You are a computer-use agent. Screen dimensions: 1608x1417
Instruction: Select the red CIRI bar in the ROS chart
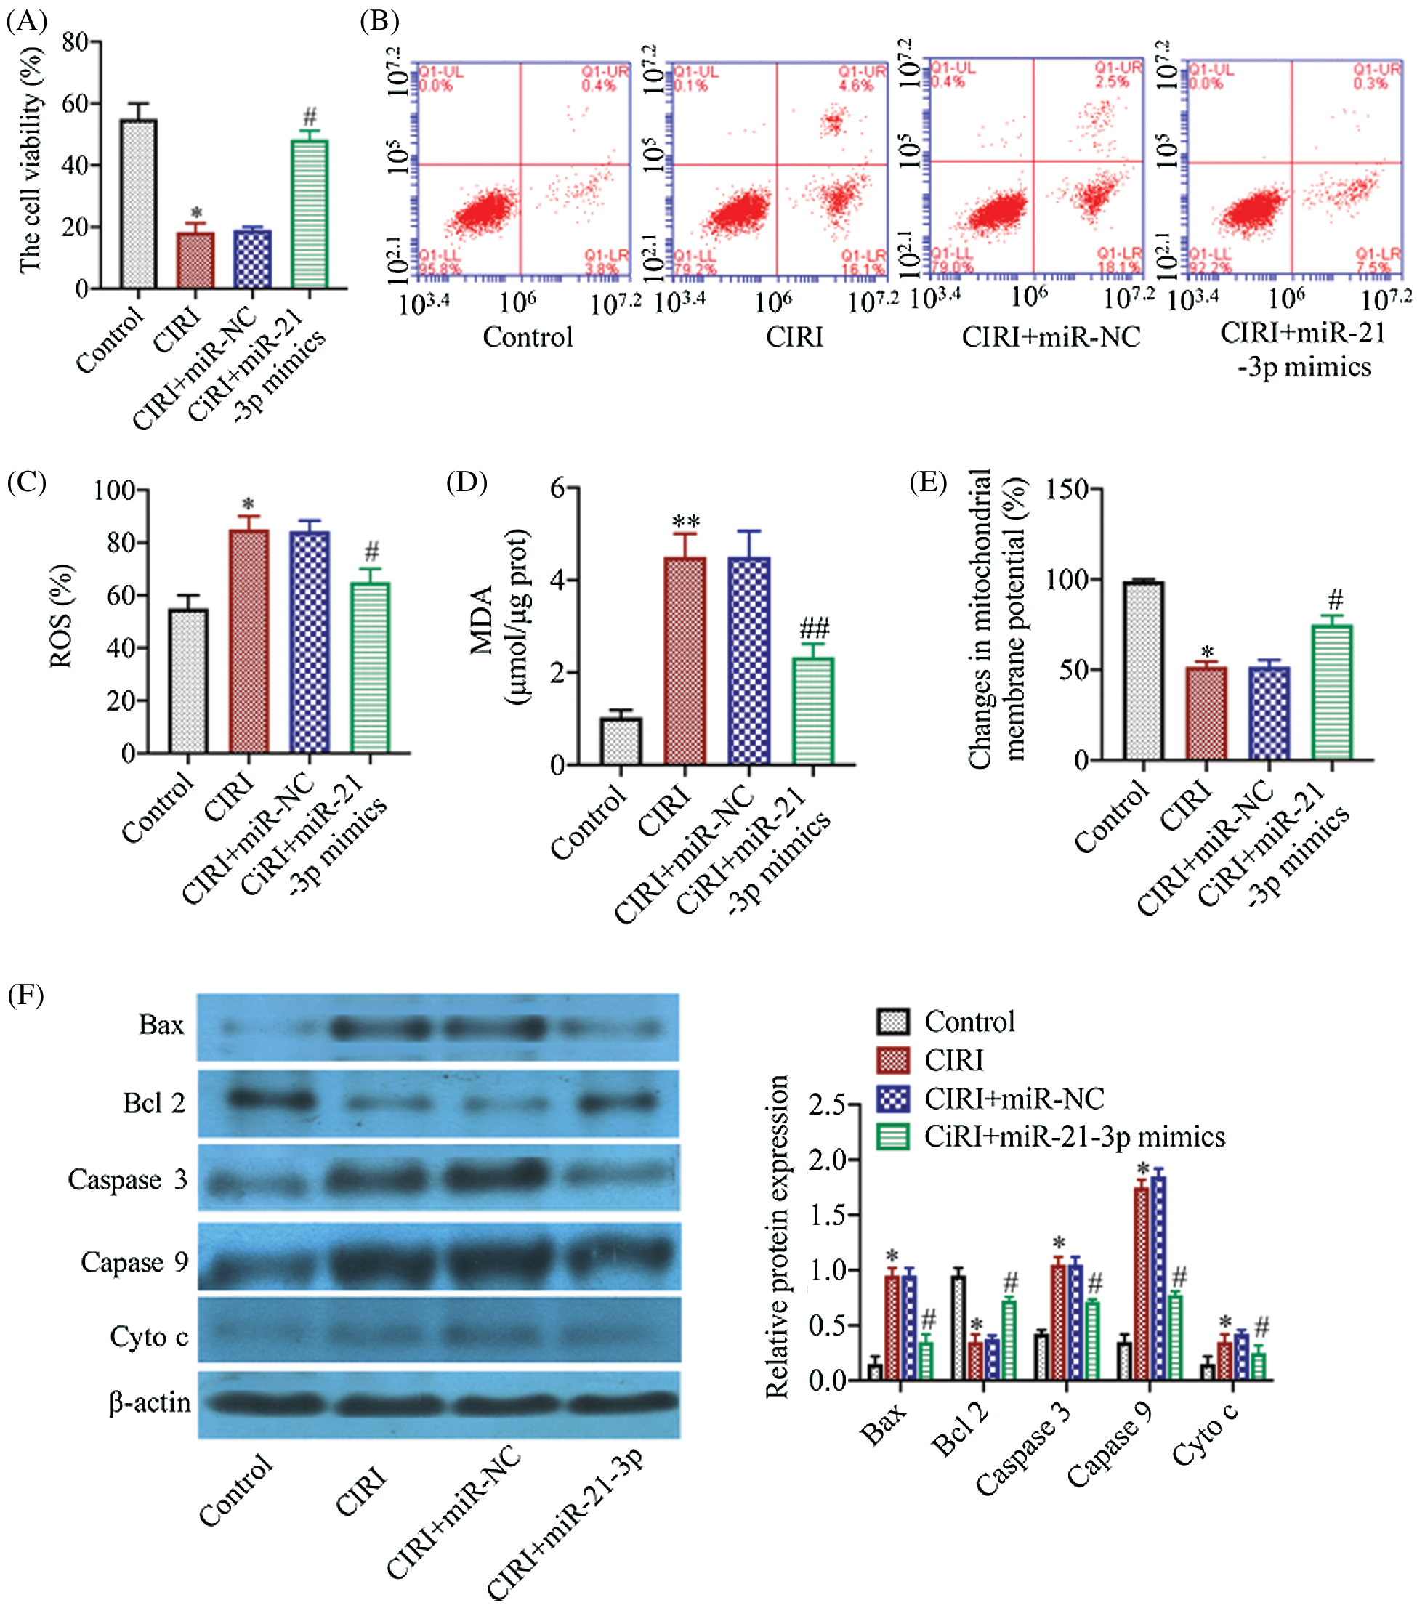click(x=249, y=641)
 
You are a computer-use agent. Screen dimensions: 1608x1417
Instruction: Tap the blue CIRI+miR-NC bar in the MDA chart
click(x=748, y=660)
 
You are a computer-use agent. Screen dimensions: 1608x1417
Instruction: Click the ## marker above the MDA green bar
click(x=814, y=629)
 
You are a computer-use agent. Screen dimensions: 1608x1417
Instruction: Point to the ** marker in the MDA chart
click(x=685, y=522)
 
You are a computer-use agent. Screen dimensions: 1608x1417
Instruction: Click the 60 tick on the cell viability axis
click(x=76, y=104)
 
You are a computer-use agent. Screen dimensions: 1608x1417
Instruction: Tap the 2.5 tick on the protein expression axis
click(x=826, y=1105)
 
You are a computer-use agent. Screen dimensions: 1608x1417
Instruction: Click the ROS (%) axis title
click(x=61, y=617)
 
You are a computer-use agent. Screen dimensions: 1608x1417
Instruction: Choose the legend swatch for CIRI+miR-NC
click(x=892, y=1099)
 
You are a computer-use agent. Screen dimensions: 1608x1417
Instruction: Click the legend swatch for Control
click(x=892, y=1022)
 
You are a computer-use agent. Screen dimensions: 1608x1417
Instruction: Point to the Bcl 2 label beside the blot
click(x=154, y=1103)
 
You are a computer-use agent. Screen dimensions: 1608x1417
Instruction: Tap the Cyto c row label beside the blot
click(x=149, y=1336)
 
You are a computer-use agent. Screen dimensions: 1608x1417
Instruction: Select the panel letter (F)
click(x=25, y=995)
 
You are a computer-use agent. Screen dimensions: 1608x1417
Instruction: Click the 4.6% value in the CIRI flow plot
click(x=856, y=85)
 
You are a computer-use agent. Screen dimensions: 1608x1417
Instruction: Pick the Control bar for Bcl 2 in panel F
click(x=958, y=1328)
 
